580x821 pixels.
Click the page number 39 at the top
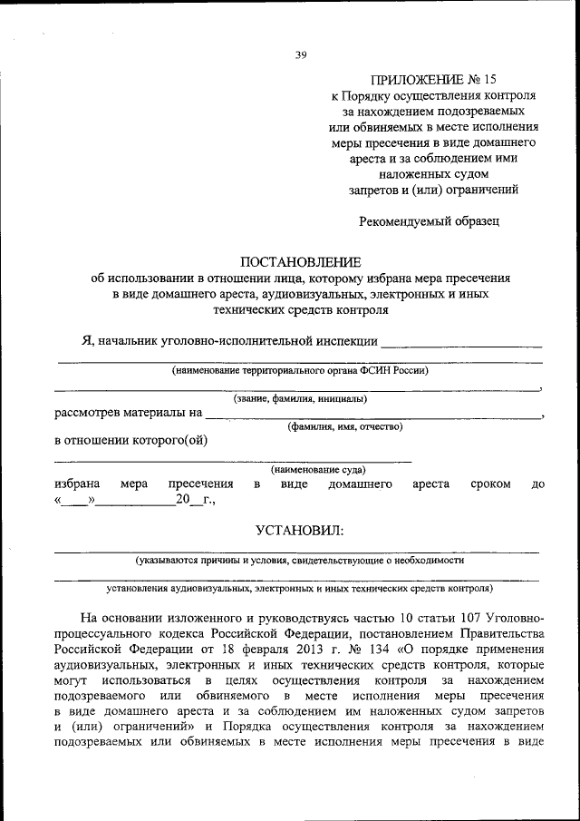click(x=301, y=55)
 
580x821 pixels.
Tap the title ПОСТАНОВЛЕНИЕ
click(x=300, y=261)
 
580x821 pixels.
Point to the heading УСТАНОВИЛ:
click(x=299, y=529)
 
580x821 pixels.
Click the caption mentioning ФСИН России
click(x=300, y=370)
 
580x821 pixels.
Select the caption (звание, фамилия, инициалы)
click(x=300, y=398)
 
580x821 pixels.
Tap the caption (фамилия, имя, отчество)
click(x=345, y=425)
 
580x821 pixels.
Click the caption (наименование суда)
click(x=318, y=469)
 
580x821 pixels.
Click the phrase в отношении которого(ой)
click(x=130, y=441)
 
